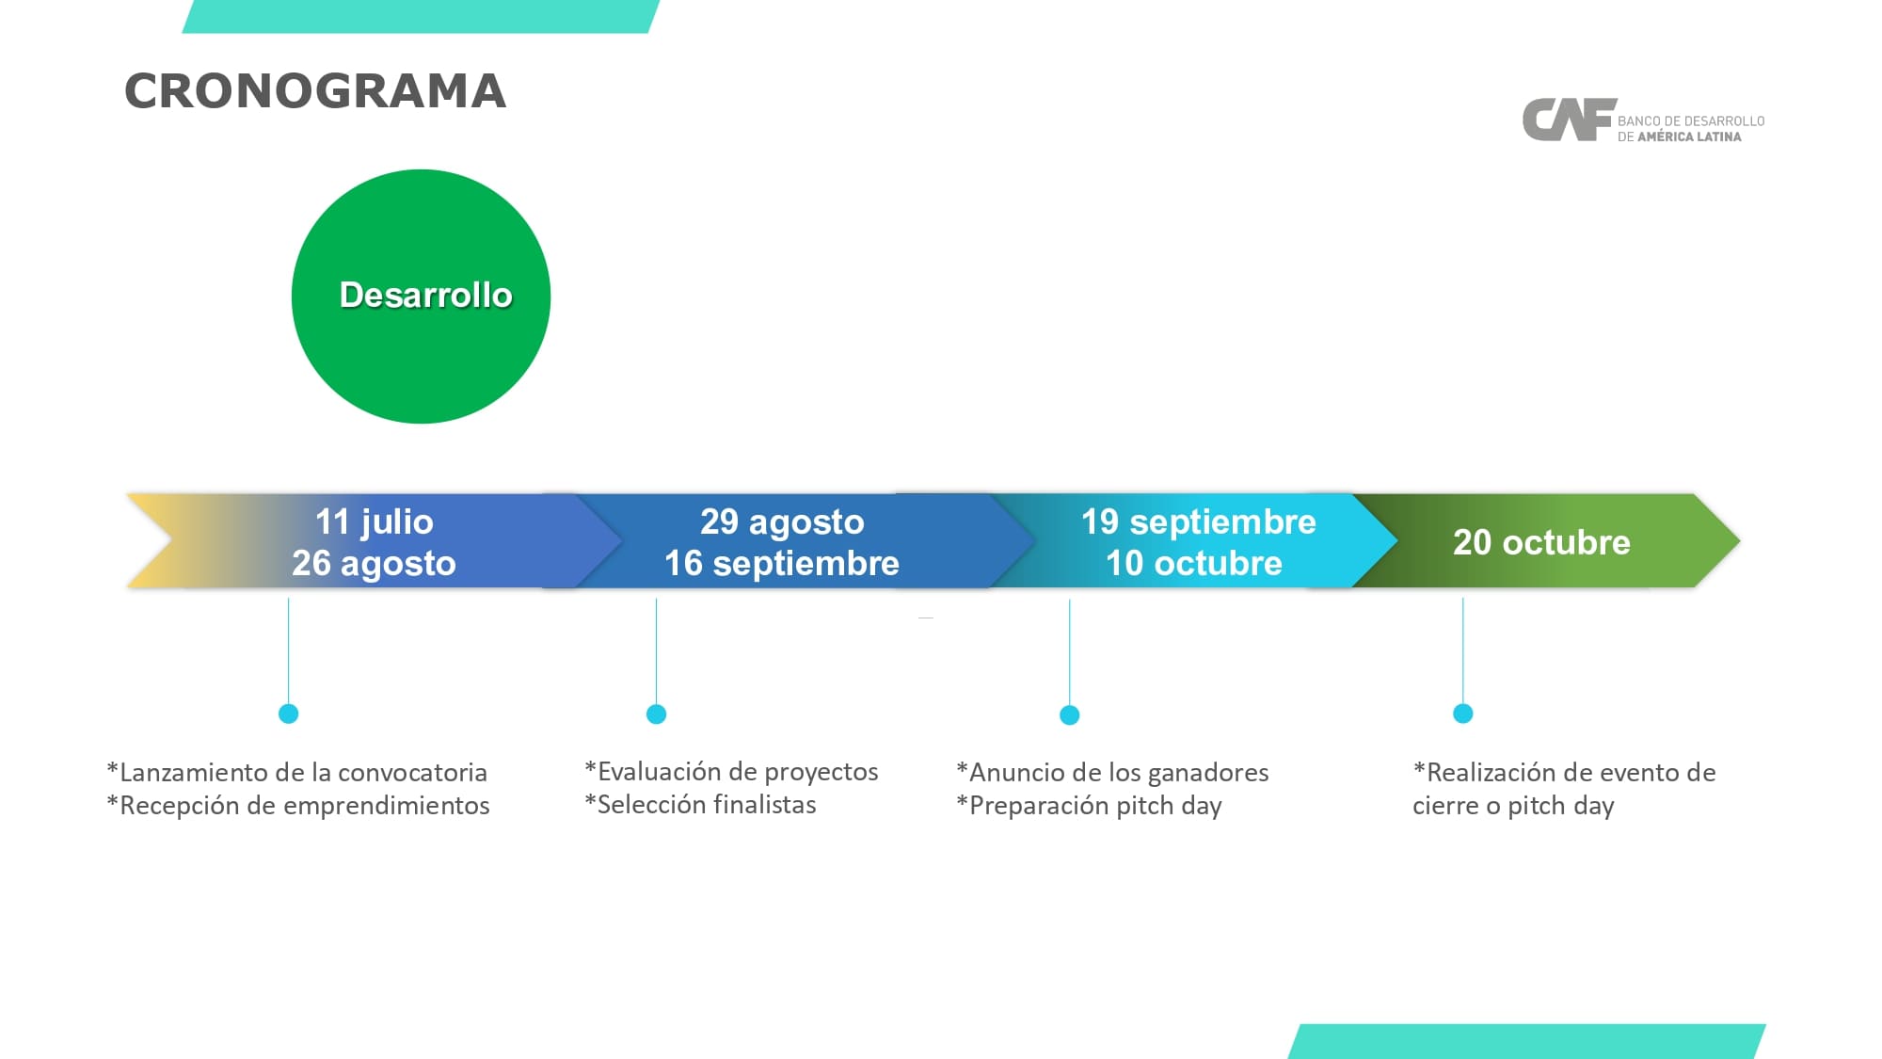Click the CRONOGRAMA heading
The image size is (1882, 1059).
tap(315, 91)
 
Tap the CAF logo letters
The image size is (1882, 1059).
tap(1569, 120)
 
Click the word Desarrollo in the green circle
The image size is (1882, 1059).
tap(425, 296)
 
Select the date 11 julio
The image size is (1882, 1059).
tap(375, 521)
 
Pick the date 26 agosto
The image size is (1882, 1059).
tap(374, 563)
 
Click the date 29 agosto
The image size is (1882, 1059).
tap(782, 521)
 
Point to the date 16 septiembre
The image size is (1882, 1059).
tap(782, 563)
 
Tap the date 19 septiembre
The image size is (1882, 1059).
tap(1198, 521)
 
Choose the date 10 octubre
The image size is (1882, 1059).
tap(1193, 563)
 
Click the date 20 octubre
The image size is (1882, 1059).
tap(1541, 542)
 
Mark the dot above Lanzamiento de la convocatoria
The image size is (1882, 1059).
tap(289, 714)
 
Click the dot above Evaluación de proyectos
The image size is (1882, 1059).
tap(657, 714)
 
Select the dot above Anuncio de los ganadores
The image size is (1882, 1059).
tap(1070, 715)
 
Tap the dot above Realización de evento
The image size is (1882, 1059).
tap(1463, 714)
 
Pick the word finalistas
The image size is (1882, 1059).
tap(763, 805)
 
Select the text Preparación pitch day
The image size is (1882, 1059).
tap(1095, 806)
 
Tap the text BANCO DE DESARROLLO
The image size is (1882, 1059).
tap(1691, 121)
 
